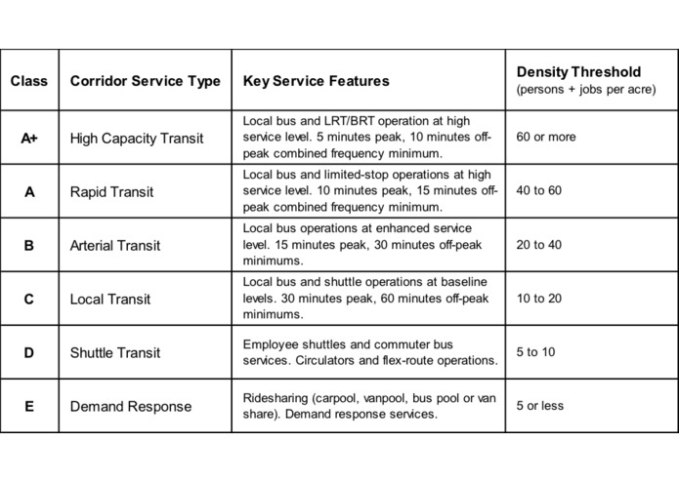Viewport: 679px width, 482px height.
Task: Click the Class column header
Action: point(28,81)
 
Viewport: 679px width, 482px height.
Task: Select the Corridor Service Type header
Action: point(145,81)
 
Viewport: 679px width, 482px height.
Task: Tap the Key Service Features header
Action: point(316,81)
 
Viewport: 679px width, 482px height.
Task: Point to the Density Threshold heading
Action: point(578,72)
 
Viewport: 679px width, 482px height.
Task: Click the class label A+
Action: point(29,138)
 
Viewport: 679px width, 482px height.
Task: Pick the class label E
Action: point(28,406)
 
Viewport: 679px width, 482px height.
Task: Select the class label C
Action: point(28,299)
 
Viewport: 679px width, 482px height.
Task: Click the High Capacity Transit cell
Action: point(137,138)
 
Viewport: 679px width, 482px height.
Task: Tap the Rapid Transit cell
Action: point(111,191)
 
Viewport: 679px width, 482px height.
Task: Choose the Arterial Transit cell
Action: point(115,245)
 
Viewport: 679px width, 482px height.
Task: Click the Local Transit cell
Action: point(107,299)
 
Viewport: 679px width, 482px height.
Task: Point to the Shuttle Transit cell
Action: point(115,352)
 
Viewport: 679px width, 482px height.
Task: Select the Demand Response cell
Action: point(131,406)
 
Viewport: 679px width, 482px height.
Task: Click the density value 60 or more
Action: point(546,138)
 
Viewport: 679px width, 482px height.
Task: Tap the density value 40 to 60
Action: point(539,191)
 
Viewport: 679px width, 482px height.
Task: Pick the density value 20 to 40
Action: point(539,245)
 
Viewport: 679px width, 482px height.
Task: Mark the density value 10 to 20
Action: point(539,299)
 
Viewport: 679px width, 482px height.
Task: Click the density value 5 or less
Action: point(541,406)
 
